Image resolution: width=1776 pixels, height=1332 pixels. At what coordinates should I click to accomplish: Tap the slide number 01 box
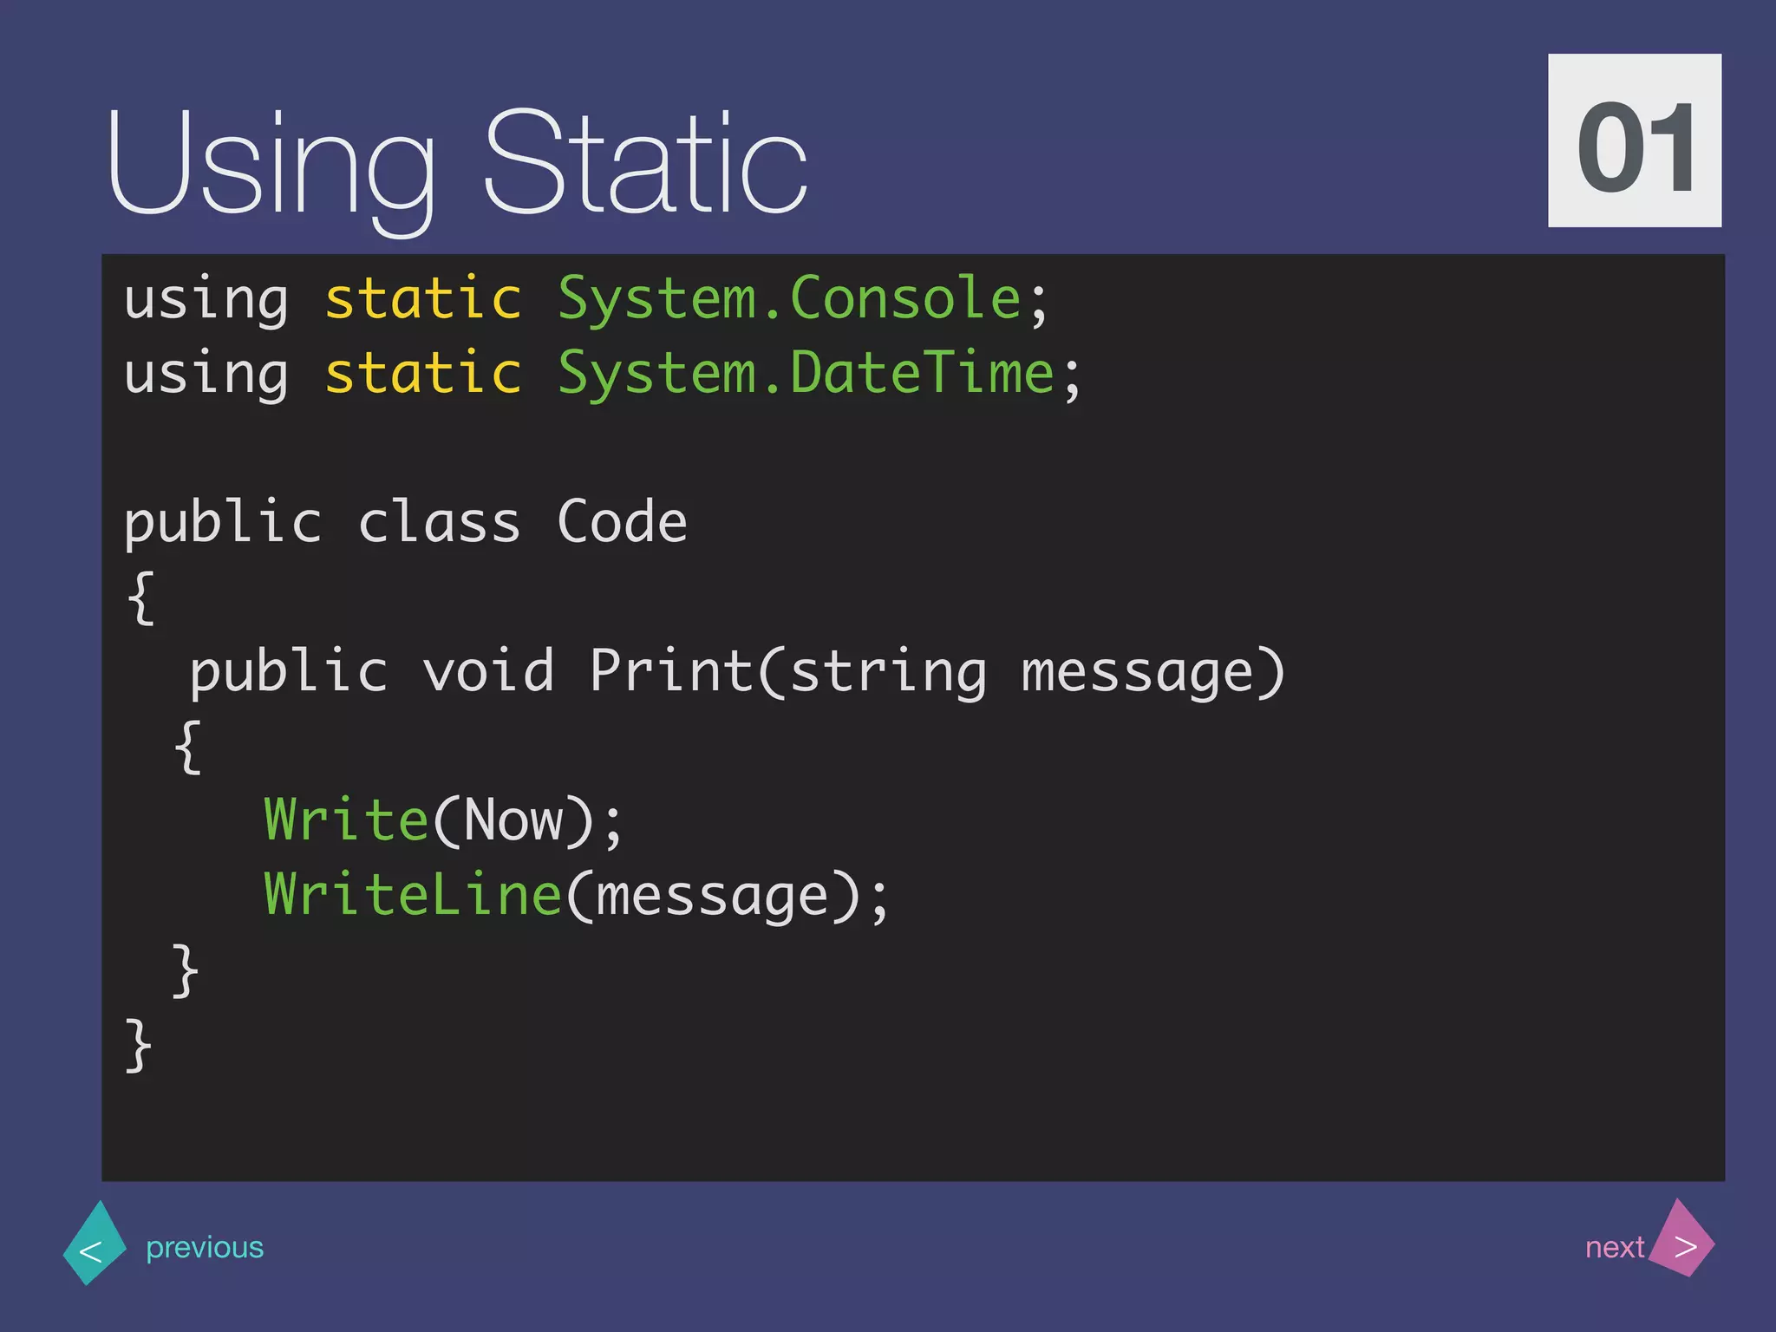tap(1634, 140)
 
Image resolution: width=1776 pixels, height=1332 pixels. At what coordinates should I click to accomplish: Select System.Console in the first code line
tap(789, 299)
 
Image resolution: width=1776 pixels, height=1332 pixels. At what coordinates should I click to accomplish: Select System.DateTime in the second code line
tap(806, 374)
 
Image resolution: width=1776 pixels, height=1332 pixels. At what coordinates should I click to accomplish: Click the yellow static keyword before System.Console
tap(423, 299)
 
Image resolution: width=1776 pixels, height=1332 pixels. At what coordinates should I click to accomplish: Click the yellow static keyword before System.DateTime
tap(423, 374)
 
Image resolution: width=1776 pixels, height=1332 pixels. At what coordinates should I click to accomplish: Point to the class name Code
tap(622, 523)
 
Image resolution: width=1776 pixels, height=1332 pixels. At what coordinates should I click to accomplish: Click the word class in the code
tap(439, 523)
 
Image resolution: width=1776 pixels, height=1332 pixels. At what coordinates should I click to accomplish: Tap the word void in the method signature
tap(488, 671)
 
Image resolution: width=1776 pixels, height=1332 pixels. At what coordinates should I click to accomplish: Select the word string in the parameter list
tap(888, 673)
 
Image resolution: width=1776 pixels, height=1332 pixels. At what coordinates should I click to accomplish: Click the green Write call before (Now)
tap(346, 820)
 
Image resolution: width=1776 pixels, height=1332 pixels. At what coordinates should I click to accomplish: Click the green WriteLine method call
tap(413, 895)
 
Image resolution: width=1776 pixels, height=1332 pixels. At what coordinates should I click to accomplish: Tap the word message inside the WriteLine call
tap(712, 897)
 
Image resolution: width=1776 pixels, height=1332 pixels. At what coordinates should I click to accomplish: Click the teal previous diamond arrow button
tap(94, 1245)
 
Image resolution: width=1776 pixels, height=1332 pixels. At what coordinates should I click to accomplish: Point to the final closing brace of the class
tap(139, 1045)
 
